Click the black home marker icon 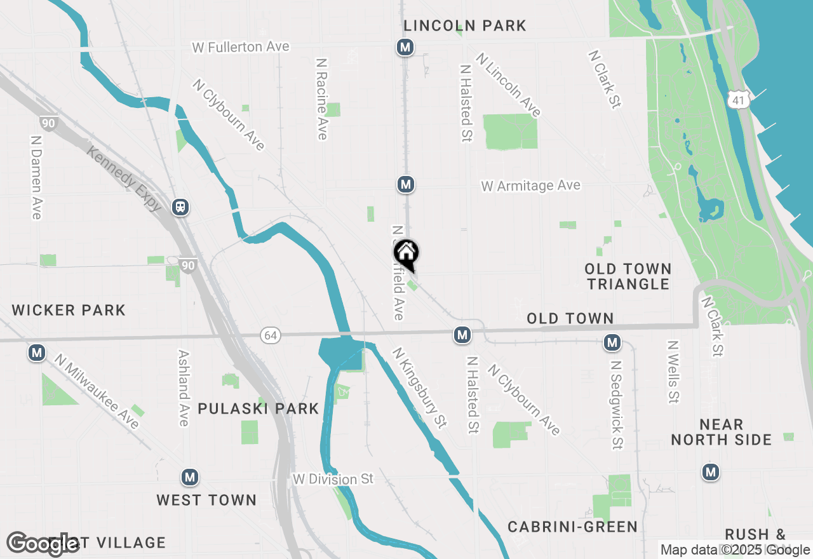406,254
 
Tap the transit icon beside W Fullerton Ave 405,47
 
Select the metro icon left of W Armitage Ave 406,185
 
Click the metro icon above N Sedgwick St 612,343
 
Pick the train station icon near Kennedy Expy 181,207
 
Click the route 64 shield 271,335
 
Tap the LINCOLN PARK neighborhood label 465,25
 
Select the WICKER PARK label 69,310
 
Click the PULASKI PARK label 258,408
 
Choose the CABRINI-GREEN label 572,527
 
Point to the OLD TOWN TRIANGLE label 628,276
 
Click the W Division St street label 333,479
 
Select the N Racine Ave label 322,99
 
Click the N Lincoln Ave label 509,84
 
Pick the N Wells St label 673,372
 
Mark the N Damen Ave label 36,176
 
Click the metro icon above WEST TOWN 189,476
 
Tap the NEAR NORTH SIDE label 721,432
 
